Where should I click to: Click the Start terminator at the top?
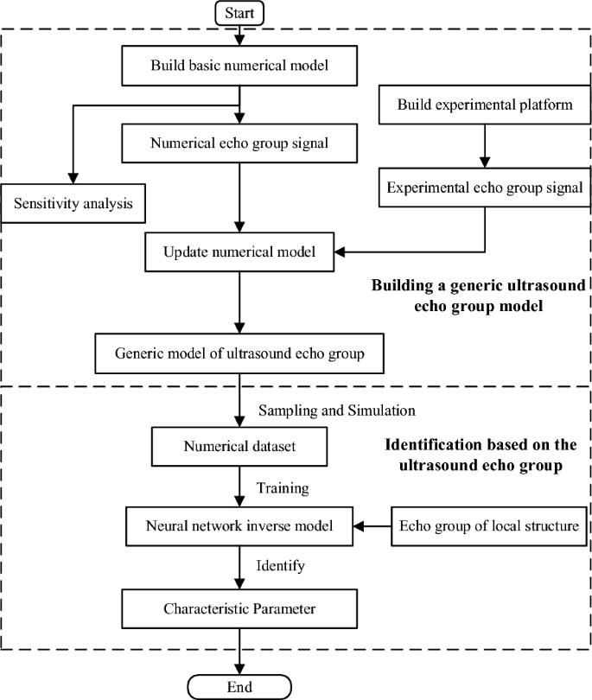coord(239,13)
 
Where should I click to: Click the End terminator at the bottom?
coord(239,686)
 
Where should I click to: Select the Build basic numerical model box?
coord(239,65)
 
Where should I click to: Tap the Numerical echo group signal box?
coord(239,143)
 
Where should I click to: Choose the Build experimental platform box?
coord(485,105)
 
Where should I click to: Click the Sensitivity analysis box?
coord(73,204)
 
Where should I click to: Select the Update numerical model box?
coord(239,252)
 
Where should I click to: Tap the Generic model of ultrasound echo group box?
coord(239,352)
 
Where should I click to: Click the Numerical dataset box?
coord(239,447)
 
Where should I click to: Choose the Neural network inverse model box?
coord(239,525)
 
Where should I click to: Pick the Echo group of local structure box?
coord(485,525)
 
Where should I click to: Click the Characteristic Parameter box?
coord(239,609)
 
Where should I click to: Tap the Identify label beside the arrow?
coord(279,567)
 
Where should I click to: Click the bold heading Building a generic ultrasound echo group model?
coord(477,295)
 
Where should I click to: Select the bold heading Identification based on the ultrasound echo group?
coord(477,455)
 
